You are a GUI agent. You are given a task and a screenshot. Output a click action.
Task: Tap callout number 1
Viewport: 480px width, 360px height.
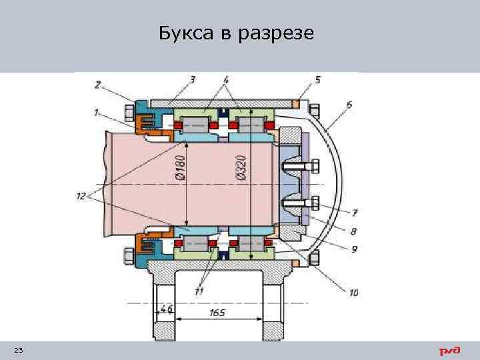[97, 113]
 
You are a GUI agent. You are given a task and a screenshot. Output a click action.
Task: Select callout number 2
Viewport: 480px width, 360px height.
[98, 85]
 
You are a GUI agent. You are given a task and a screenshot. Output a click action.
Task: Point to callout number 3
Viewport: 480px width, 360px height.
[192, 80]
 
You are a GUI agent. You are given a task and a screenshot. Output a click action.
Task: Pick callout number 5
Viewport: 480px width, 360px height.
[317, 80]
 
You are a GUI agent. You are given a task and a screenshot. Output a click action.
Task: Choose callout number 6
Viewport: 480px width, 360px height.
[349, 104]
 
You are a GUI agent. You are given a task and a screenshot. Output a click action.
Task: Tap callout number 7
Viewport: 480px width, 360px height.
[354, 213]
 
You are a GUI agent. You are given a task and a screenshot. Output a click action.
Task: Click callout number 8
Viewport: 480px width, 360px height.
[353, 231]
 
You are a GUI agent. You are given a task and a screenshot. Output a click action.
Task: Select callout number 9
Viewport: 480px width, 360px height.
[355, 249]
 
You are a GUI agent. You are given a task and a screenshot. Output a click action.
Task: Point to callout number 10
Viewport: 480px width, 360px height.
[353, 292]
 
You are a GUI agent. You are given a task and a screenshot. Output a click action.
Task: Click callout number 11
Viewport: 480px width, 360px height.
[199, 291]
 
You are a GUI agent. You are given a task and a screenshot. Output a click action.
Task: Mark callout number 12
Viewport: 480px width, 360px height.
[81, 195]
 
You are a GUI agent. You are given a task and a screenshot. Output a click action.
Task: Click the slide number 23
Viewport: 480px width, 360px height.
[18, 351]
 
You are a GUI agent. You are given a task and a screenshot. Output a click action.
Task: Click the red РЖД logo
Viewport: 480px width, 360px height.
[449, 351]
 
